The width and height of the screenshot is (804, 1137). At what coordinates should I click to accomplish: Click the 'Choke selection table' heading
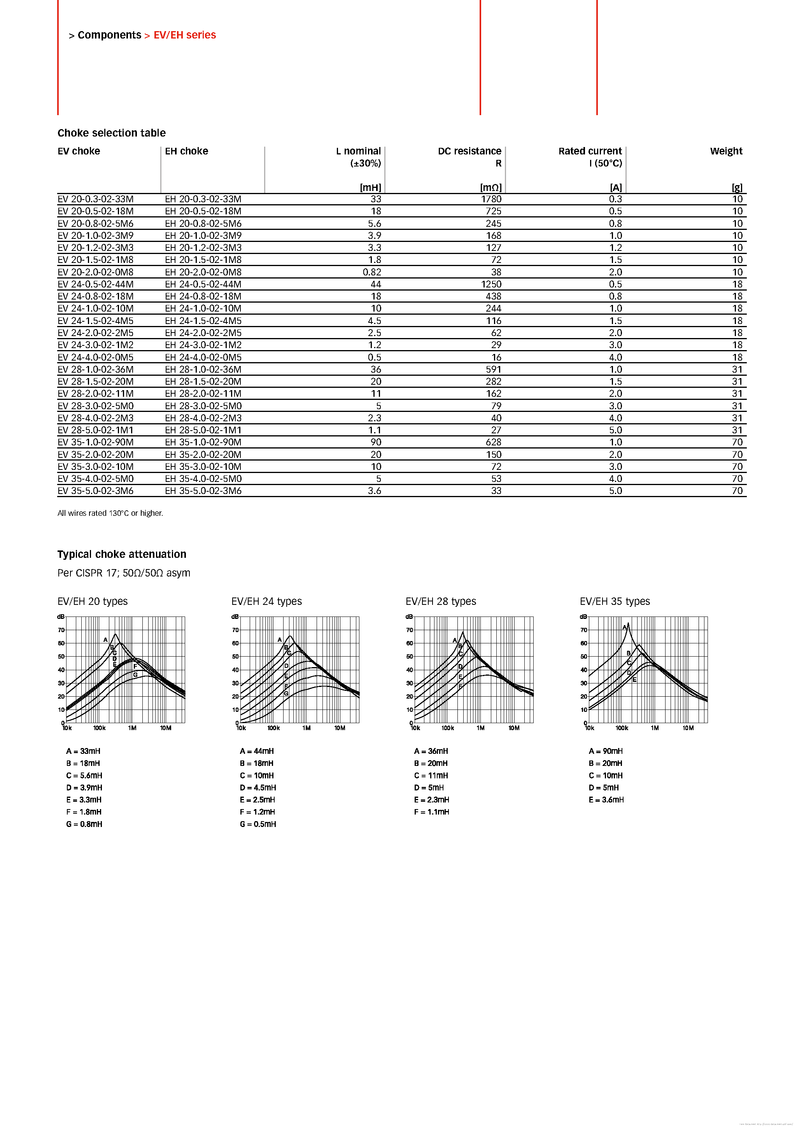111,133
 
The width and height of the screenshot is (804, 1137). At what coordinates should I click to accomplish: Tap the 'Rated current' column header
590,151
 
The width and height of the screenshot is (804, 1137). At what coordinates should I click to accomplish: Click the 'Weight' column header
726,151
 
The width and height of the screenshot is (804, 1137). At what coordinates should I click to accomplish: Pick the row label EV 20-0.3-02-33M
96,199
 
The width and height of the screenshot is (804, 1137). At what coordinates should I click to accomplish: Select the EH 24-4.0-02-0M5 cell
203,357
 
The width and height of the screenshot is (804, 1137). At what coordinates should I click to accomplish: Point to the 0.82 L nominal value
372,272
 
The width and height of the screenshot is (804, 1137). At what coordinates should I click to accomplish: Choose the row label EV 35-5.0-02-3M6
96,491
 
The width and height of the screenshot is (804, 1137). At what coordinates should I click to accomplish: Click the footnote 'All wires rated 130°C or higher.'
110,513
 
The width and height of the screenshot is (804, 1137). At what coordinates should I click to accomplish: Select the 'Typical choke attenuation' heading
122,554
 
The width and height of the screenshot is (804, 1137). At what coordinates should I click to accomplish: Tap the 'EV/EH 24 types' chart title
266,601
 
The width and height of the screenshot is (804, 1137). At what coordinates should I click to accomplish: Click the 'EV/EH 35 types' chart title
615,601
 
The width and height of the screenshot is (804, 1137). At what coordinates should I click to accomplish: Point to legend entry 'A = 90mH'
606,751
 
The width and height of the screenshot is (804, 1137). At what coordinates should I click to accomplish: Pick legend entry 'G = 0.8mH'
84,824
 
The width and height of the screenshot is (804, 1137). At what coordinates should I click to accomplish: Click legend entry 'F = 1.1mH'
432,812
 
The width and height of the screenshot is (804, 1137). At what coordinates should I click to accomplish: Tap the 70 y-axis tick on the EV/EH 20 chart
61,630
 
